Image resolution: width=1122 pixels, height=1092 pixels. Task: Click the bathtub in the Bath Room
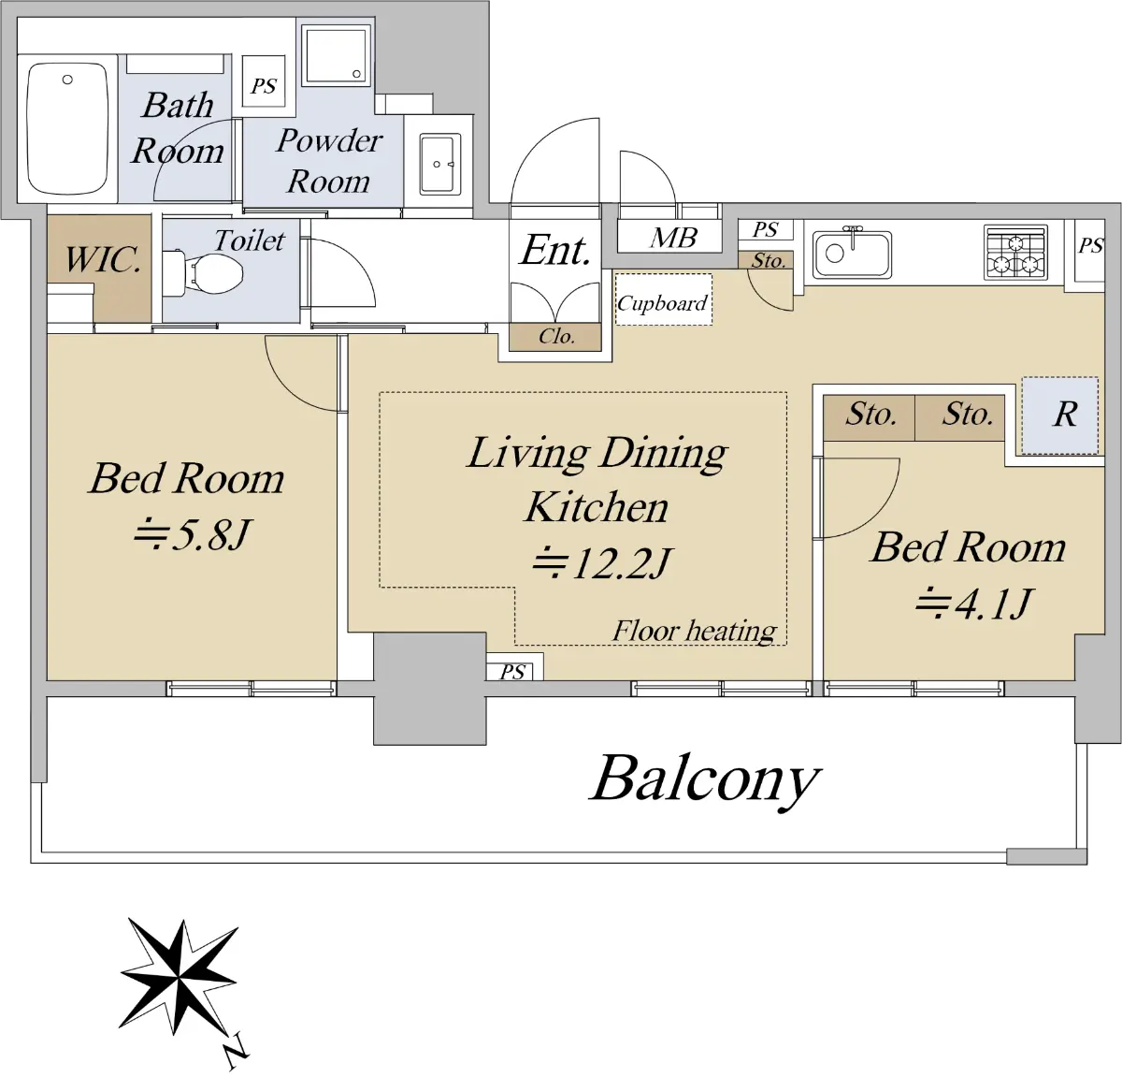pos(68,129)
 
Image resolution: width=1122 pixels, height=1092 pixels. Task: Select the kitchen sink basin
pos(852,255)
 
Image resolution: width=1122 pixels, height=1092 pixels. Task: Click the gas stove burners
pos(1015,253)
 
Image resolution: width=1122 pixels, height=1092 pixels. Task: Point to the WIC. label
pos(102,259)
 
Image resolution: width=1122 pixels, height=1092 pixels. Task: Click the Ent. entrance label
pos(555,251)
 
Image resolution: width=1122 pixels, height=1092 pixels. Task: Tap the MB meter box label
pos(673,238)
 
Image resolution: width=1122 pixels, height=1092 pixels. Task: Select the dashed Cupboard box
pos(664,299)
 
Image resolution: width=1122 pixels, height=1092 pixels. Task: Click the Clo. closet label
pos(556,336)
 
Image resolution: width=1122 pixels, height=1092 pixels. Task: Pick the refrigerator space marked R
pos(1059,415)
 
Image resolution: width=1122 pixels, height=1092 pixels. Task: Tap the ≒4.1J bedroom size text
pos(972,604)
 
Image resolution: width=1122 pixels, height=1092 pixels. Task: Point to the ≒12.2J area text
pos(601,562)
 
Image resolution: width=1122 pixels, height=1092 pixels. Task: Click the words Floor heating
pos(694,631)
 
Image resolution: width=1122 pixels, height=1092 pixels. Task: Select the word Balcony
pos(705,780)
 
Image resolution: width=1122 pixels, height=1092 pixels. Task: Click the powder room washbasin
pos(439,165)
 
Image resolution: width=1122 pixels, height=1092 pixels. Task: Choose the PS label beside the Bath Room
pos(264,86)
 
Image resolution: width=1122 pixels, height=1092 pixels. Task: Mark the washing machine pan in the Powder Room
pos(337,56)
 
